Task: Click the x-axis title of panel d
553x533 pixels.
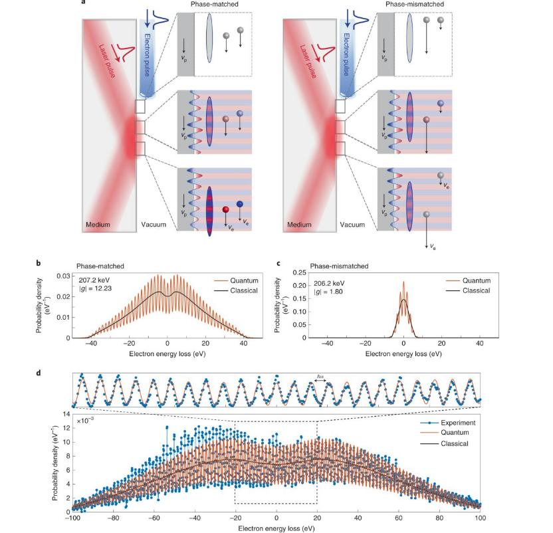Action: coord(276,528)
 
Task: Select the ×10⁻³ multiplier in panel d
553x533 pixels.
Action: coord(85,421)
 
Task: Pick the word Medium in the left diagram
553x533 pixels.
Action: coord(98,225)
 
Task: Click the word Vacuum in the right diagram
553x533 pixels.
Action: coord(352,225)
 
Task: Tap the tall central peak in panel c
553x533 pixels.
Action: coord(403,284)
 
